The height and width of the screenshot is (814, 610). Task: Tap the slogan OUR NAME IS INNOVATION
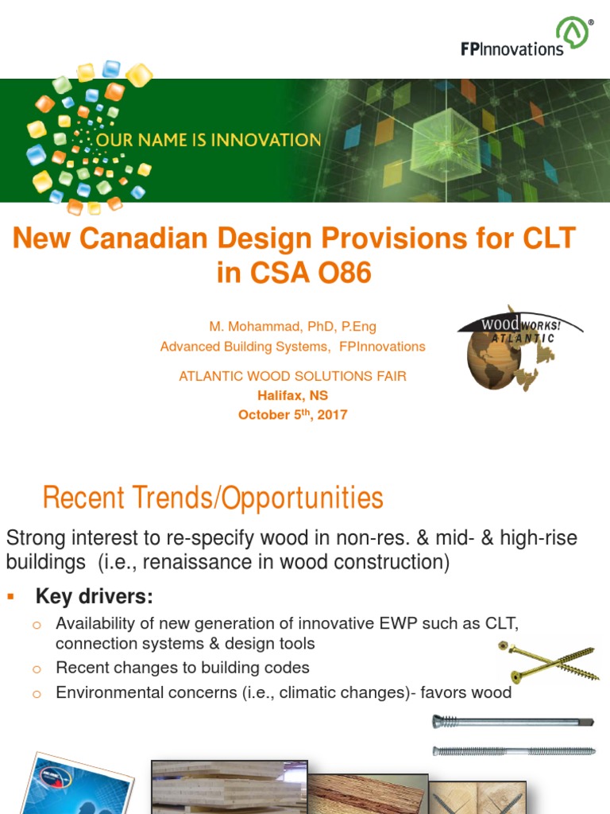208,141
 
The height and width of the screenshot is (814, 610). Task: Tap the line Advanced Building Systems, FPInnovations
292,347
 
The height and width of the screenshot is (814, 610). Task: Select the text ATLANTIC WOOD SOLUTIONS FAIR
292,376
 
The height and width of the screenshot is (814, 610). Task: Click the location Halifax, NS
292,395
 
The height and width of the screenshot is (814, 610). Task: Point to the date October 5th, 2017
292,414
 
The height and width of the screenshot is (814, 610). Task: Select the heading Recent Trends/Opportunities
213,498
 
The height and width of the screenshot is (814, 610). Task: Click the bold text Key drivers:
95,596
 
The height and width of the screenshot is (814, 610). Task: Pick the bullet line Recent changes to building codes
183,668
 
